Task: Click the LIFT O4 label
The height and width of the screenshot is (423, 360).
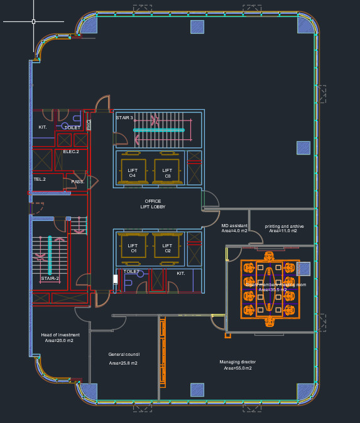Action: pyautogui.click(x=133, y=173)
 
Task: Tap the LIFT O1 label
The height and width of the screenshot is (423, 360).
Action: pyautogui.click(x=133, y=248)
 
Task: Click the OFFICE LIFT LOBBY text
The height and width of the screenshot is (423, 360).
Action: pyautogui.click(x=153, y=204)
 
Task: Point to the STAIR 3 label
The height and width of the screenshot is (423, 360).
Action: pyautogui.click(x=124, y=117)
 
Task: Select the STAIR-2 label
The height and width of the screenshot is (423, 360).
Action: pyautogui.click(x=50, y=278)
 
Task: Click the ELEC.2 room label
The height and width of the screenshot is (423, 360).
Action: pyautogui.click(x=71, y=151)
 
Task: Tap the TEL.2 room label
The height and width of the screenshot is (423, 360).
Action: pyautogui.click(x=40, y=179)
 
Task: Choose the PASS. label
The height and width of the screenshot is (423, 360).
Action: pyautogui.click(x=77, y=182)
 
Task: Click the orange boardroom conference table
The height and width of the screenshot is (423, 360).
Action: pyautogui.click(x=270, y=289)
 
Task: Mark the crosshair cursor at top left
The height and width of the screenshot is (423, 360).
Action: pyautogui.click(x=33, y=21)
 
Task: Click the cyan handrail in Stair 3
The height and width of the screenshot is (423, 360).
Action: pyautogui.click(x=159, y=131)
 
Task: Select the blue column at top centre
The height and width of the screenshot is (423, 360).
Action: pyautogui.click(x=197, y=26)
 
